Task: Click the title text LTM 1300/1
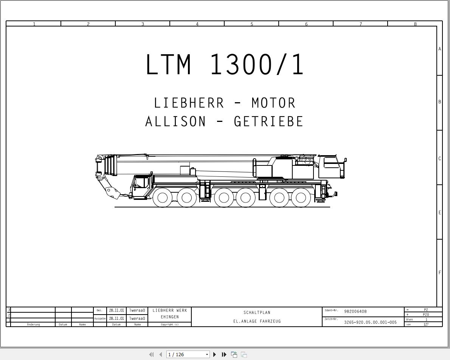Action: pyautogui.click(x=224, y=64)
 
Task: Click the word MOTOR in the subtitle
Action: pyautogui.click(x=273, y=103)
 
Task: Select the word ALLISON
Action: pyautogui.click(x=175, y=122)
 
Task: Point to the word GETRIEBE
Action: pyautogui.click(x=268, y=122)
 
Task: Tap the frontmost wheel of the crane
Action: pyautogui.click(x=163, y=198)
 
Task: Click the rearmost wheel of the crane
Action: pyautogui.click(x=301, y=198)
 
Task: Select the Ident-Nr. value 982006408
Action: pyautogui.click(x=355, y=312)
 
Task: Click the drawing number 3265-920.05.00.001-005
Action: pyautogui.click(x=370, y=323)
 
